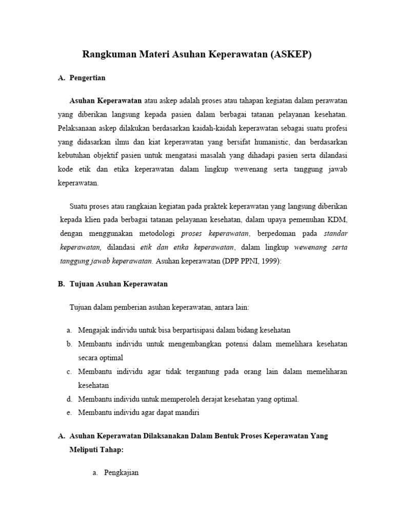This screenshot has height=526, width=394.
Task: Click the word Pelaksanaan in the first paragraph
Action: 77,127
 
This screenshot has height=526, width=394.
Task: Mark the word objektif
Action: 112,155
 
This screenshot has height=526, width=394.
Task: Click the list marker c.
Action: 68,371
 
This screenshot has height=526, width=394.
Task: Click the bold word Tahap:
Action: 111,449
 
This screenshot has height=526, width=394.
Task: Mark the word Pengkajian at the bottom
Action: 121,473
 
